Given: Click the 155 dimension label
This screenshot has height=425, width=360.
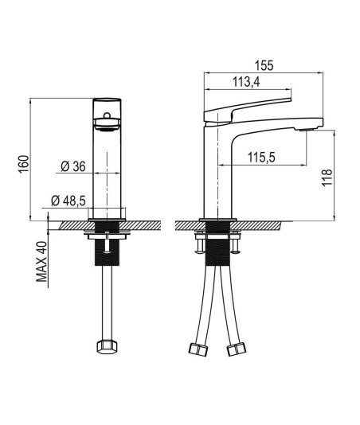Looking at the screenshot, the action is click(264, 65).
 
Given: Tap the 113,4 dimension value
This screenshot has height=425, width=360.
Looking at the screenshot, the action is click(246, 82).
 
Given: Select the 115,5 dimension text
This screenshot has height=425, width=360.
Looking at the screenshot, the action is click(261, 158).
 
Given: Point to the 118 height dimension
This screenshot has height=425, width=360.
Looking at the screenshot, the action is click(327, 177).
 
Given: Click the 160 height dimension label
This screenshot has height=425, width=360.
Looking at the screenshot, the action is click(23, 164).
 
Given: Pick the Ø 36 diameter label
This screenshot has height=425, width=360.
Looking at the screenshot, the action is click(73, 166).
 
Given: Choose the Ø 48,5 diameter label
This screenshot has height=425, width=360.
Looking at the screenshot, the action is click(68, 201).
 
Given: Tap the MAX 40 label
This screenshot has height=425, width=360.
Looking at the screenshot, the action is click(41, 262).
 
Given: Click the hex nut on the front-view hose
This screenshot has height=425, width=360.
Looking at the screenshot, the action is click(108, 346).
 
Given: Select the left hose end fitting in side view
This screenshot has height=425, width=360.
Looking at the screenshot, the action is click(198, 349).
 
